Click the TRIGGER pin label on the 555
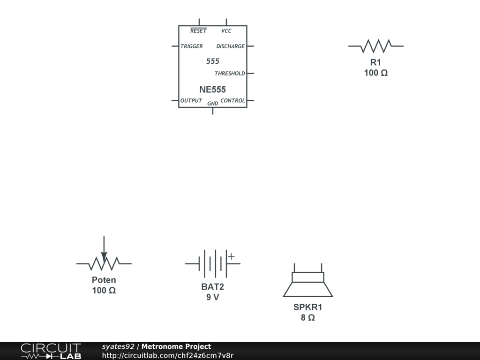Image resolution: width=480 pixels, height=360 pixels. pos(192,46)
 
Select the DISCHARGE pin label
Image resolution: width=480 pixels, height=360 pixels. pos(230,46)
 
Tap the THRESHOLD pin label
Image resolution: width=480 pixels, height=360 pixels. pos(230,74)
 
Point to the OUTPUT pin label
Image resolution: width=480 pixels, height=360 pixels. pos(191,101)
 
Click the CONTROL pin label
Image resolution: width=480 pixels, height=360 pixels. pos(232,101)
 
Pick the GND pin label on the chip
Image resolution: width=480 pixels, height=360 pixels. pos(212,104)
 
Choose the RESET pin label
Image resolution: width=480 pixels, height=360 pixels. pos(198,31)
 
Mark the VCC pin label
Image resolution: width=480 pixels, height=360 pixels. pos(226,31)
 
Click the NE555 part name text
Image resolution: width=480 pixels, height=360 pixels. pos(212,90)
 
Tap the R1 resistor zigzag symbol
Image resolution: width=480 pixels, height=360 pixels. pos(376,46)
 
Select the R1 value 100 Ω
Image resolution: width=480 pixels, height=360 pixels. pos(376,73)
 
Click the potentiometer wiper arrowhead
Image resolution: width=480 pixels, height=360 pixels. pos(104,256)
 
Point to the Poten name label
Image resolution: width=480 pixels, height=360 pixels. pos(104,280)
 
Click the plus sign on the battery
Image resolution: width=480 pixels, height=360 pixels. pos(231,256)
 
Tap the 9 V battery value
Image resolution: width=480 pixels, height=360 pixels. pos(213,297)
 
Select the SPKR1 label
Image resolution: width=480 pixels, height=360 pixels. pos(308,307)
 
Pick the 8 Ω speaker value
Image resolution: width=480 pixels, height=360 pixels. pos(308,318)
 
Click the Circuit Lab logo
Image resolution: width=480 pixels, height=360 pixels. pos(51,351)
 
